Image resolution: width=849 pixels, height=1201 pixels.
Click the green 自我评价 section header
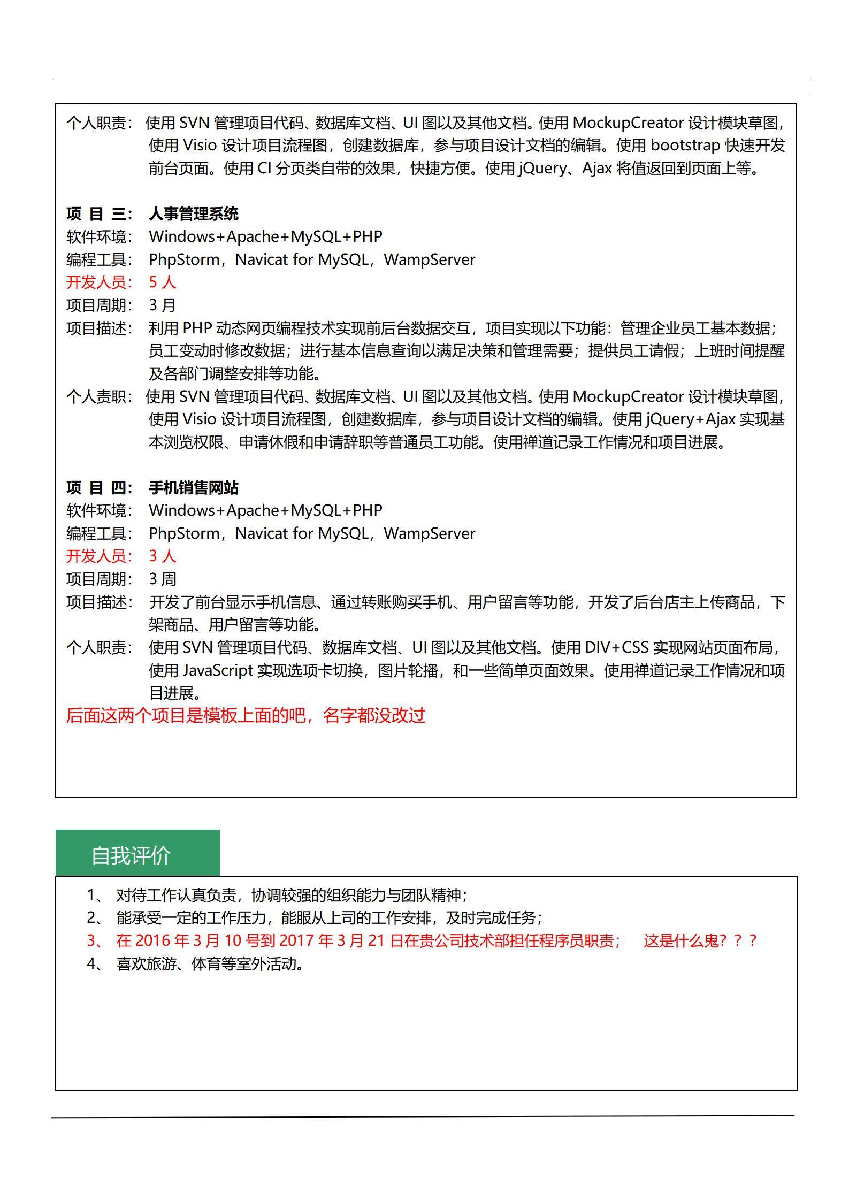(137, 855)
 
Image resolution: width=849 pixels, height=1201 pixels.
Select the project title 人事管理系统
(194, 214)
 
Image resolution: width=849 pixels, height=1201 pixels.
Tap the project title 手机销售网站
(194, 488)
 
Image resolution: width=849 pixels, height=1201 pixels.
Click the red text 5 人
(162, 282)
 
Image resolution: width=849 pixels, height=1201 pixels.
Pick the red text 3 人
(162, 556)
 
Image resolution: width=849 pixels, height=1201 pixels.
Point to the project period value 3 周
(162, 579)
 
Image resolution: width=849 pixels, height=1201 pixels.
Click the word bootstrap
(685, 146)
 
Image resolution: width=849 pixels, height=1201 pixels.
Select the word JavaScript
(218, 671)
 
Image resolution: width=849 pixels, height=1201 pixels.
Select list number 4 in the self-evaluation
(93, 964)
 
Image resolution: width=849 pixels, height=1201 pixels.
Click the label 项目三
(99, 214)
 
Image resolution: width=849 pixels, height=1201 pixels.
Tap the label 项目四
(99, 488)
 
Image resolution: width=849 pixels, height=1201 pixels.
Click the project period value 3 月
(162, 305)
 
